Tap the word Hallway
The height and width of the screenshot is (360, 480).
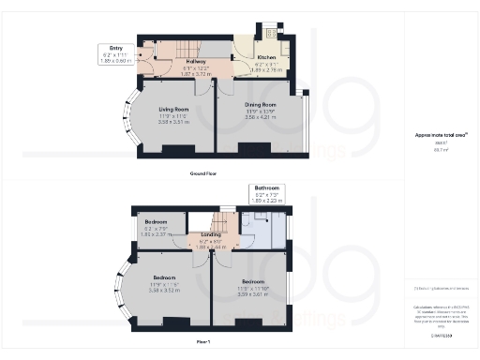tap(170, 62)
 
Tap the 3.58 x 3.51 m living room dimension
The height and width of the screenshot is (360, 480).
tap(174, 122)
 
